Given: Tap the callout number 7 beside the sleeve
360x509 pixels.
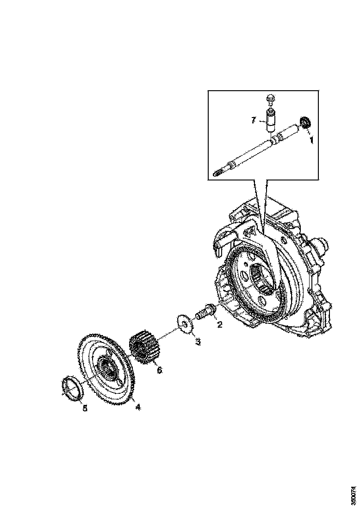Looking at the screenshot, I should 254,120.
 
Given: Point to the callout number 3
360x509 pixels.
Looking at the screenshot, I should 198,342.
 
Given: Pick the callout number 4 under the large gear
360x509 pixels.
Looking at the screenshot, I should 137,407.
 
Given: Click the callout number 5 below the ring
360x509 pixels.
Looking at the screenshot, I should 85,408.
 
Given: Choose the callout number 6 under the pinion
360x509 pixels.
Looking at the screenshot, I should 159,370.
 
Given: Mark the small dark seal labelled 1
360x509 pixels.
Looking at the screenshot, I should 305,123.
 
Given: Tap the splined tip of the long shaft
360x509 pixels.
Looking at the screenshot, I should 218,173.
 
